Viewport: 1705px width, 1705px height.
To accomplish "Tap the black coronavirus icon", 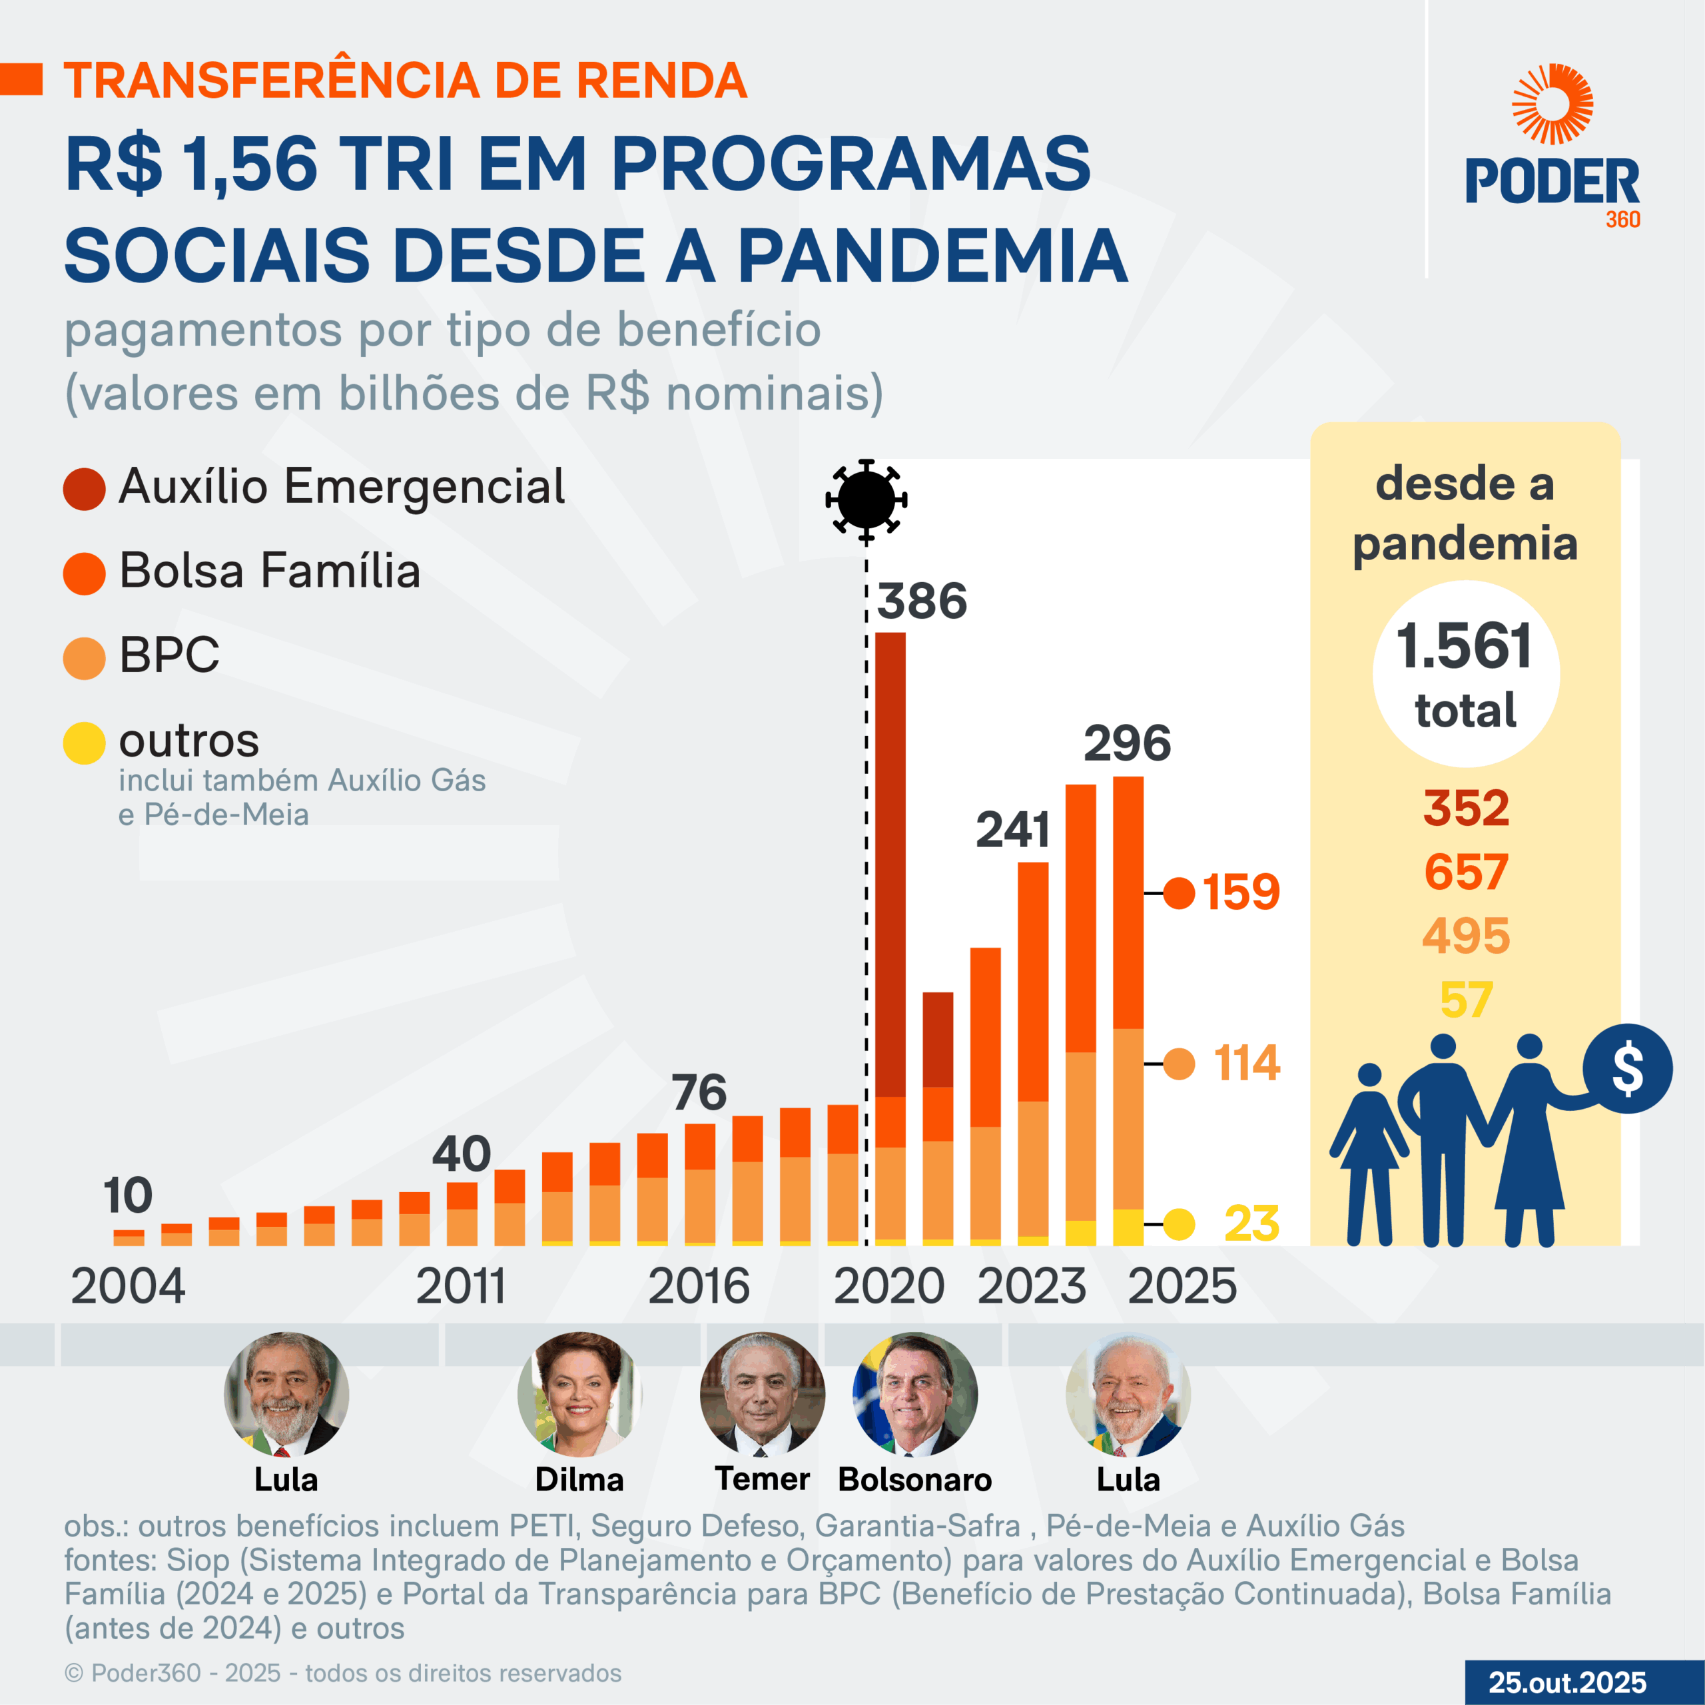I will click(866, 500).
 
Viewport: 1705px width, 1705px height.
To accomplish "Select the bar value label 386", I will click(922, 602).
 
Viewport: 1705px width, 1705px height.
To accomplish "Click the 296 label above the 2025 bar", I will click(1127, 743).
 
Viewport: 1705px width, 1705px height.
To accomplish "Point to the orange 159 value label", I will click(1240, 892).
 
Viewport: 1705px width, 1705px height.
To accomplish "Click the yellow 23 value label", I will click(1251, 1223).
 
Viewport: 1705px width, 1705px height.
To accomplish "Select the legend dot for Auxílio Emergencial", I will click(84, 489).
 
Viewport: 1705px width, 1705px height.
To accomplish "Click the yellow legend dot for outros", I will click(84, 742).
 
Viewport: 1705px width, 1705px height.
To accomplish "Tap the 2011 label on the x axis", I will click(461, 1286).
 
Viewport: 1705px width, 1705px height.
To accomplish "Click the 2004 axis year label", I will click(128, 1286).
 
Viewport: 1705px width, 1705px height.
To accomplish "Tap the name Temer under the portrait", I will click(762, 1479).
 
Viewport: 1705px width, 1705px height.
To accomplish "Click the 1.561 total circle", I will click(1465, 673).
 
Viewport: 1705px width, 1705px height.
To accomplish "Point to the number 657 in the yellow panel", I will click(1465, 872).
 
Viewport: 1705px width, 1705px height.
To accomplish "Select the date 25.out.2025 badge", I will click(1567, 1682).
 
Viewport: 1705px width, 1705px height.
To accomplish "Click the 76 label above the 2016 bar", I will click(699, 1092).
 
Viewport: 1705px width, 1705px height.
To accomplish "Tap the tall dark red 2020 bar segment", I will click(890, 865).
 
